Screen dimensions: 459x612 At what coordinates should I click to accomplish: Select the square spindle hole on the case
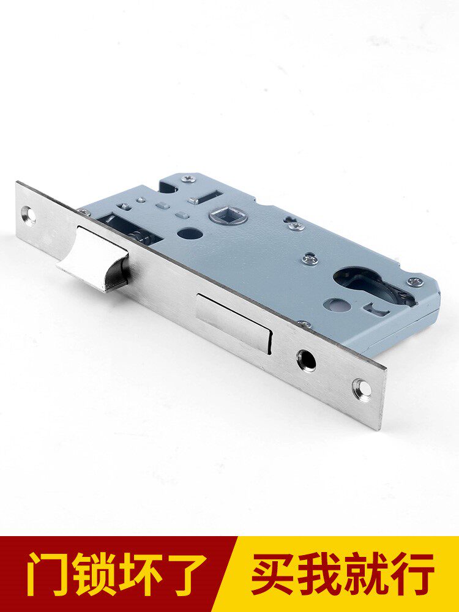pos(228,215)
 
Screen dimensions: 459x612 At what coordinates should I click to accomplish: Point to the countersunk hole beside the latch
pos(29,215)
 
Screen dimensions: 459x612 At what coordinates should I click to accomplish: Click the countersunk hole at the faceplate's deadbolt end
pos(362,389)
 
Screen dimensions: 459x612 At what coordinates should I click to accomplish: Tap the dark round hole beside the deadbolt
pos(306,360)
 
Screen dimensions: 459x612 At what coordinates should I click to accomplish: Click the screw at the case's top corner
pos(189,179)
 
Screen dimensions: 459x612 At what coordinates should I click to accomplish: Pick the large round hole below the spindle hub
pos(190,233)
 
